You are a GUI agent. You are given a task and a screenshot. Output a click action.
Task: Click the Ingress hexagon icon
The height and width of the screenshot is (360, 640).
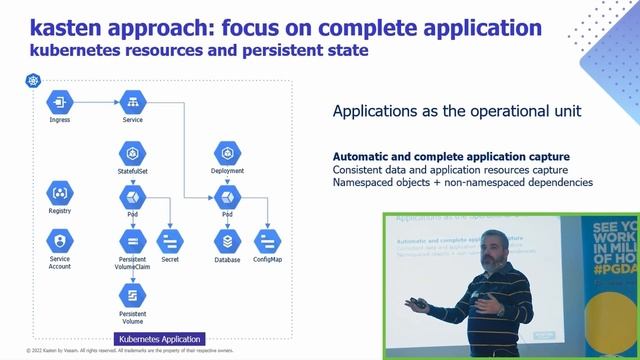click(x=59, y=101)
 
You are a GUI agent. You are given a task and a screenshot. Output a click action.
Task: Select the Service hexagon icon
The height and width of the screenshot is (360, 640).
click(x=132, y=101)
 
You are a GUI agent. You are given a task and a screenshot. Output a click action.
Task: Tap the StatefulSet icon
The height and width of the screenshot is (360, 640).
click(x=132, y=153)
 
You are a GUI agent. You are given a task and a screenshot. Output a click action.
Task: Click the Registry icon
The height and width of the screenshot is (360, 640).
click(x=59, y=192)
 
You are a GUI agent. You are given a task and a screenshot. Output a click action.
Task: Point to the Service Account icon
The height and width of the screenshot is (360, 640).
click(x=59, y=240)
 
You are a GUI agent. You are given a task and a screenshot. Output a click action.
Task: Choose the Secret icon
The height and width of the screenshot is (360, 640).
click(x=169, y=241)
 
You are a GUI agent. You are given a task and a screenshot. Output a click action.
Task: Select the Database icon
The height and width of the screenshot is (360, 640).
click(x=228, y=241)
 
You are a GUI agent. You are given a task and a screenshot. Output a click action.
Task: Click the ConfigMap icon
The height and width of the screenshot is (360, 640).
click(x=267, y=241)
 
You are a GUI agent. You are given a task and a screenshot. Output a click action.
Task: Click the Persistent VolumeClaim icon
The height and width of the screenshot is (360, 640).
click(x=132, y=241)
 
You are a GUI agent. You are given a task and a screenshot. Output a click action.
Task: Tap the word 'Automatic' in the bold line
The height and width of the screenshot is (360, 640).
click(x=360, y=156)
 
